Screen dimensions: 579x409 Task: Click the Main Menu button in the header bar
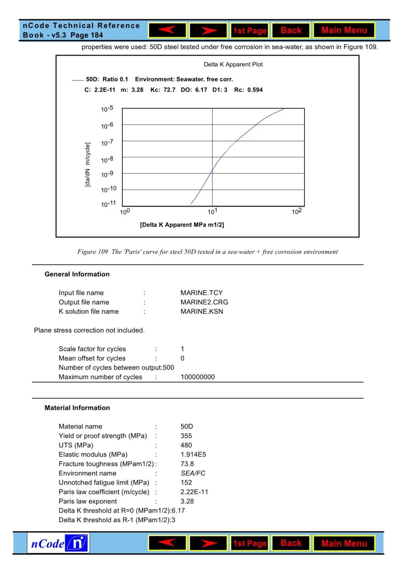tap(344, 30)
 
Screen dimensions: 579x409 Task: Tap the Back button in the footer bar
tap(291, 543)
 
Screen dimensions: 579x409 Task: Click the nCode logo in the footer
tap(58, 543)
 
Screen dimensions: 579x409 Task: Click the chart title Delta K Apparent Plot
tap(233, 64)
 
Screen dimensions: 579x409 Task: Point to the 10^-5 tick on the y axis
tap(107, 109)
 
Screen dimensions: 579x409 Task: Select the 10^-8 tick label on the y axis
tap(107, 160)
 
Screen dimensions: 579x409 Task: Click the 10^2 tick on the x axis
tap(297, 211)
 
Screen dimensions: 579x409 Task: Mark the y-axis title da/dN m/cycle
tap(87, 164)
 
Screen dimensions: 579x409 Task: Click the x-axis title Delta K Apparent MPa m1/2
tap(182, 225)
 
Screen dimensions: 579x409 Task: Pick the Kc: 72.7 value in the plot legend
tap(163, 90)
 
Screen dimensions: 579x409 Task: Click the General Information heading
tap(77, 274)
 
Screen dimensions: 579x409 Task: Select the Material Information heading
tap(77, 408)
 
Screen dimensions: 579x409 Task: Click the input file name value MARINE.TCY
tap(201, 293)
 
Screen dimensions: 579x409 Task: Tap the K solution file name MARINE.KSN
tap(201, 311)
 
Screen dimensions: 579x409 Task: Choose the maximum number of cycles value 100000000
tap(197, 377)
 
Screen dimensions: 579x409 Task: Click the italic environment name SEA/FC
tap(193, 473)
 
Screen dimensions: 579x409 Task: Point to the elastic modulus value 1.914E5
tap(193, 454)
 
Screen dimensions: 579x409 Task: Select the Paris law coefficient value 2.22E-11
tap(194, 492)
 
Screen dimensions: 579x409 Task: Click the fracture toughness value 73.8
tap(187, 464)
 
